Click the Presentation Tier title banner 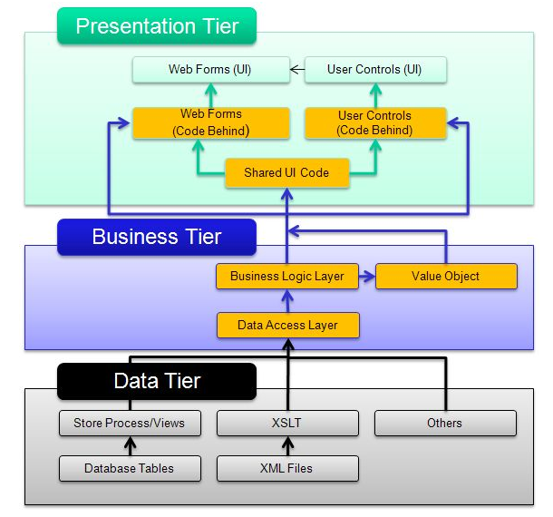point(157,25)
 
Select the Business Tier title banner point(157,237)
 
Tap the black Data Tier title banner point(157,380)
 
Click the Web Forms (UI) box point(210,69)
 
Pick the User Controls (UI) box point(374,69)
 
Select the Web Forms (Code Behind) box point(210,123)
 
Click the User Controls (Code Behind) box point(374,123)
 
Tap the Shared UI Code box point(286,172)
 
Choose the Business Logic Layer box point(286,276)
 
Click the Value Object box point(445,276)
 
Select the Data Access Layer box point(286,325)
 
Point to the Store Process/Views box point(129,423)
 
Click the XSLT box point(287,423)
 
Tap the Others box point(444,423)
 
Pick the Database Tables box point(129,468)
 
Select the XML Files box point(287,468)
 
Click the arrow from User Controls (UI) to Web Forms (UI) point(296,69)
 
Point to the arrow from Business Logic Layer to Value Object point(366,276)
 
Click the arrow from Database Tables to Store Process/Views point(129,445)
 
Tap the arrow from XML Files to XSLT point(287,445)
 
